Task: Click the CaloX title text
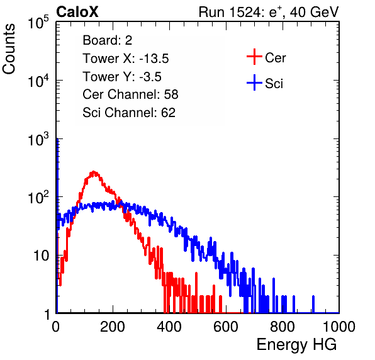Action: click(x=77, y=12)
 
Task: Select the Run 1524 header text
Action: click(x=269, y=12)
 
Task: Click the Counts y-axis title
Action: click(x=9, y=49)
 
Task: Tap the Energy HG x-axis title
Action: click(x=296, y=345)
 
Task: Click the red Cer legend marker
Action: click(x=254, y=57)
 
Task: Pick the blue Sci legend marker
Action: click(x=254, y=82)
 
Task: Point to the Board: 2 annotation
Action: click(x=108, y=40)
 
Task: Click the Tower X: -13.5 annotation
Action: click(x=126, y=59)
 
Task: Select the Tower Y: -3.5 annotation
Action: click(x=122, y=77)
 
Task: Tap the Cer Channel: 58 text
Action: click(x=130, y=94)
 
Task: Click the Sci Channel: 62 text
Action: click(x=129, y=113)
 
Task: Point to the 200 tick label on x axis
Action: click(x=113, y=327)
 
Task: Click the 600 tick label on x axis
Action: click(x=226, y=327)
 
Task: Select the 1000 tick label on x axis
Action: click(x=339, y=327)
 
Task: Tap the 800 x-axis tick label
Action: click(x=283, y=327)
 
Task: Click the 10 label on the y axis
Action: click(x=42, y=256)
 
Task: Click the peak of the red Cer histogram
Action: click(x=94, y=172)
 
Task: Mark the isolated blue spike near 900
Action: click(x=313, y=304)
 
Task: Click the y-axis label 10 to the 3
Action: click(x=38, y=138)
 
